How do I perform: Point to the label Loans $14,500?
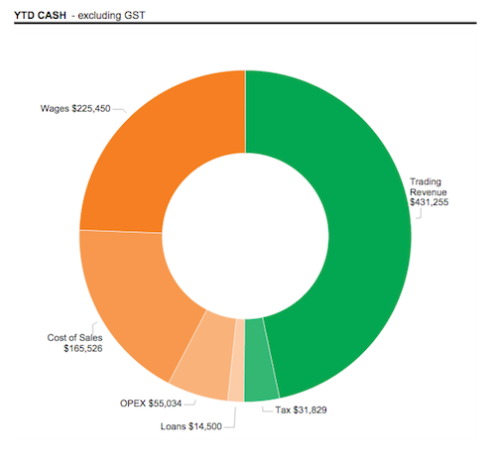pyautogui.click(x=191, y=426)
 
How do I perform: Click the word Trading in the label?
pyautogui.click(x=427, y=181)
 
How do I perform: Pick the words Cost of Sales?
pyautogui.click(x=75, y=338)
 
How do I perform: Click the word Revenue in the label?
pyautogui.click(x=429, y=191)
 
